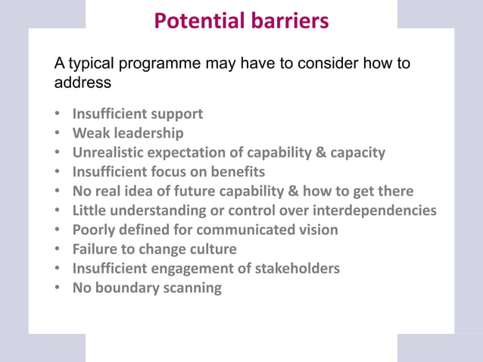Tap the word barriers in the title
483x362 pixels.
(x=291, y=21)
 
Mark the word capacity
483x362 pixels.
(x=356, y=152)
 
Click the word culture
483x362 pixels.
(x=209, y=248)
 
